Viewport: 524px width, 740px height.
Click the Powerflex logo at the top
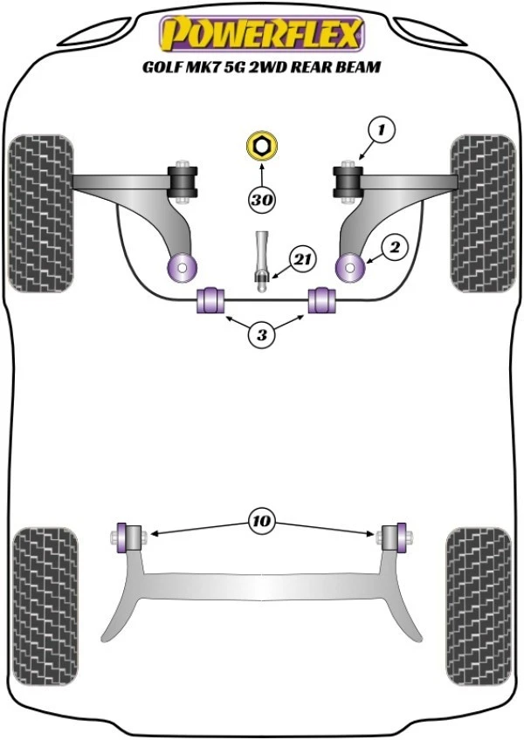(x=260, y=35)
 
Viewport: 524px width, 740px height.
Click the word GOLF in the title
(x=164, y=66)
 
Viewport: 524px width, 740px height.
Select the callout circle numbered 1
(x=381, y=131)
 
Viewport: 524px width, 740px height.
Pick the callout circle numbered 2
(x=394, y=249)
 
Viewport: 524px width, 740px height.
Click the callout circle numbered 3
(x=261, y=333)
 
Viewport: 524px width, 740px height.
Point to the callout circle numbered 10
(x=262, y=522)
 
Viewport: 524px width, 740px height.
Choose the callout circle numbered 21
(x=302, y=259)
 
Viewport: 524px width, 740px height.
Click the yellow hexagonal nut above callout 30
(x=260, y=145)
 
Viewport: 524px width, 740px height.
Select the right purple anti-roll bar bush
(x=324, y=299)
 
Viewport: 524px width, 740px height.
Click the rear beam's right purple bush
(x=400, y=537)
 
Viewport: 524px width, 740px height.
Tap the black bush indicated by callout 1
(x=348, y=181)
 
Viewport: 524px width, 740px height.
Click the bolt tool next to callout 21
(x=261, y=259)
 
